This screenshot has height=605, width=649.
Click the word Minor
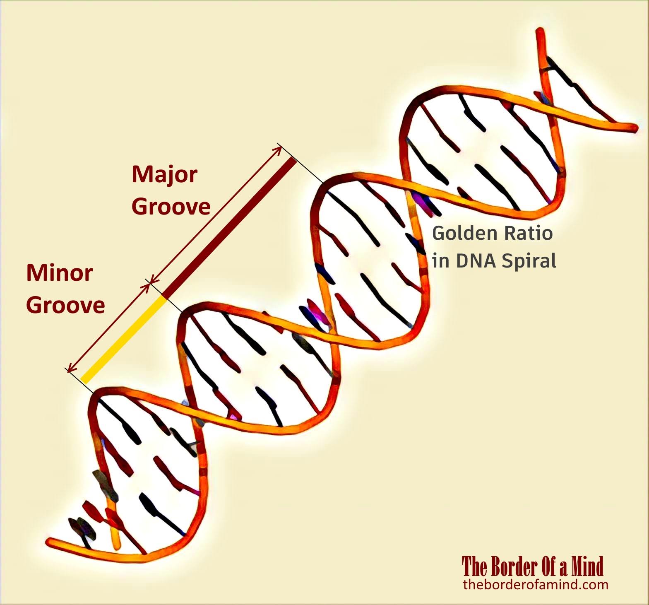click(x=60, y=273)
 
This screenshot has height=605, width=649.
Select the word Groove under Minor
click(x=65, y=305)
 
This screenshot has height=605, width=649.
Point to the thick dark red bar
click(x=230, y=227)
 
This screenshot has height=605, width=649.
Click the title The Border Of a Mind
click(x=533, y=566)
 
